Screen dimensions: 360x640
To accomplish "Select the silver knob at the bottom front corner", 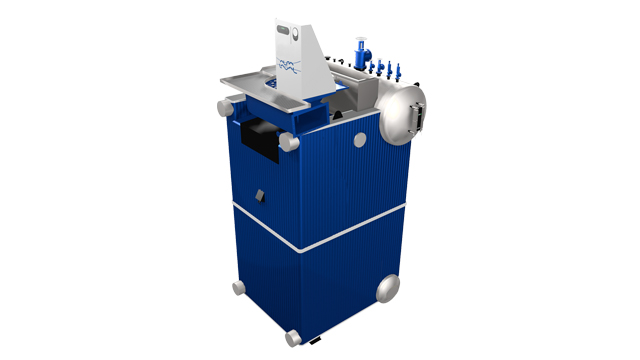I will point(294,337).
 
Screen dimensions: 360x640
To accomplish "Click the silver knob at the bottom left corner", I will point(238,287).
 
